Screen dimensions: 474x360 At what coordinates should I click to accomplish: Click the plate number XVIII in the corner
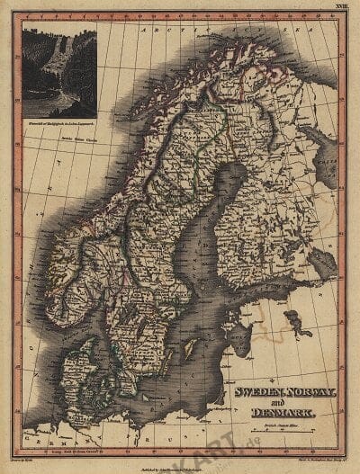[x=339, y=6]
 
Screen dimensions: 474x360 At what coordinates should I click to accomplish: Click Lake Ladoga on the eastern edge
[x=322, y=261]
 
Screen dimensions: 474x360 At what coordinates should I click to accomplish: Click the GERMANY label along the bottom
[x=90, y=448]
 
